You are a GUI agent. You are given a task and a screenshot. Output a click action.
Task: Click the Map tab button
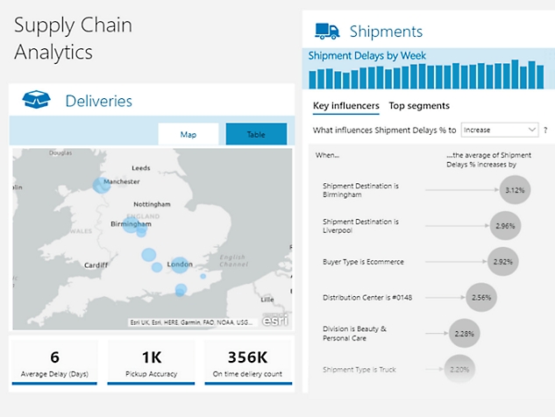click(x=189, y=134)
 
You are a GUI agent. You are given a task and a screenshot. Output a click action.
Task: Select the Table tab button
click(x=256, y=134)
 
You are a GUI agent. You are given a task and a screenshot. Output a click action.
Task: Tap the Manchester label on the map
click(x=122, y=181)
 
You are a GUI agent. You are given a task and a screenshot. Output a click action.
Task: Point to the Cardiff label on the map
click(x=96, y=265)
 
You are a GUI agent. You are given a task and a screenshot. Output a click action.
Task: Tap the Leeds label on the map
click(x=140, y=167)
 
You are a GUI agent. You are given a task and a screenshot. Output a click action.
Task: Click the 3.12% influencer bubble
click(x=515, y=189)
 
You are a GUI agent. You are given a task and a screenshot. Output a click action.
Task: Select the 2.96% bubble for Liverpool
click(x=503, y=225)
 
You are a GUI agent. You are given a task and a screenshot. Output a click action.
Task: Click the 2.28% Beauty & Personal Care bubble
click(x=464, y=333)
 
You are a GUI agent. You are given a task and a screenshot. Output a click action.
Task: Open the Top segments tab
click(x=419, y=106)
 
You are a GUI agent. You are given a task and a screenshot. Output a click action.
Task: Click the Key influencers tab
click(x=345, y=106)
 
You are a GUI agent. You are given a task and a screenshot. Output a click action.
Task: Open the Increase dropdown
click(x=499, y=130)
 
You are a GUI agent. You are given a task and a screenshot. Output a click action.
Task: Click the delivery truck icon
click(x=327, y=32)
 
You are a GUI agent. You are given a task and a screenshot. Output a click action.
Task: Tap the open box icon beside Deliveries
click(x=36, y=101)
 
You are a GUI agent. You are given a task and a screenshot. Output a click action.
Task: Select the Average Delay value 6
click(x=54, y=357)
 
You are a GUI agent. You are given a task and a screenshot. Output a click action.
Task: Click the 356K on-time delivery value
click(x=247, y=357)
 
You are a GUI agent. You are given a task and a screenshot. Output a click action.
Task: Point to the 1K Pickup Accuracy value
click(x=151, y=357)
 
